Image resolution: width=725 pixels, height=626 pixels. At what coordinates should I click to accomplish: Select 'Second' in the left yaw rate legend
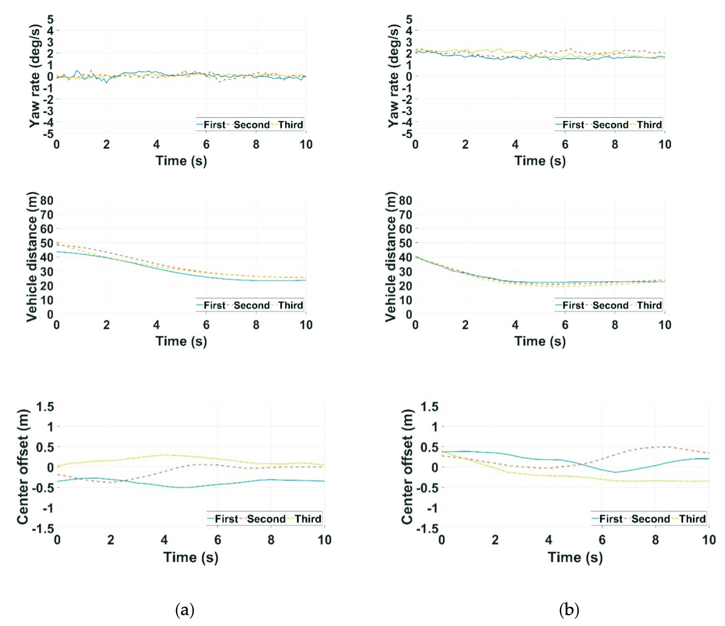(251, 125)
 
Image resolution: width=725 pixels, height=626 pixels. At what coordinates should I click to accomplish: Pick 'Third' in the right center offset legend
(692, 519)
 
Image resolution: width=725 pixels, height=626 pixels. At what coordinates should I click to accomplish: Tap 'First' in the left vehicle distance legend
(214, 305)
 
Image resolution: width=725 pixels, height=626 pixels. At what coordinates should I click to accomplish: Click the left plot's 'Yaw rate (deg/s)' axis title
(35, 76)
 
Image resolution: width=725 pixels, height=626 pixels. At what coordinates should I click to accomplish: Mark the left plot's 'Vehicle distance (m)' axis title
(33, 257)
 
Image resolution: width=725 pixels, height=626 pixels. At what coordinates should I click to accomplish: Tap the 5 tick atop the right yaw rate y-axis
(409, 19)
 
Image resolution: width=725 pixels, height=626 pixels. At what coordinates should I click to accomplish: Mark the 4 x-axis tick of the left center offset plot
(164, 540)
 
